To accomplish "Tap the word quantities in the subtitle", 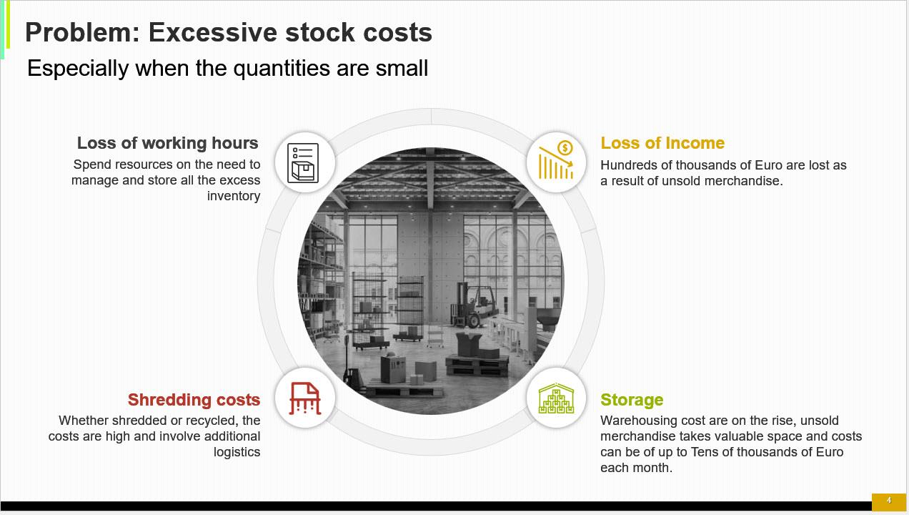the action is coord(282,68).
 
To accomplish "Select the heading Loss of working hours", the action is coord(168,143).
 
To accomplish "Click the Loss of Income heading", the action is coord(662,143).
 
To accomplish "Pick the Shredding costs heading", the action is coord(194,400).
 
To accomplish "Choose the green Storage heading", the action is coord(632,400).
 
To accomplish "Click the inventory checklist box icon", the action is coord(303,163).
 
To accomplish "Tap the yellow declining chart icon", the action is coord(556,160).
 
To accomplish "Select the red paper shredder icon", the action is coord(305,398).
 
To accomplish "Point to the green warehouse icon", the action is coord(556,398).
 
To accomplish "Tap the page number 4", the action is coord(889,500).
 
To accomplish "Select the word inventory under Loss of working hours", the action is coord(234,196).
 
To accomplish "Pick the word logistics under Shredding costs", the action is coord(237,452).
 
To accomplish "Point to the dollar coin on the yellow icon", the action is coord(565,147).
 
